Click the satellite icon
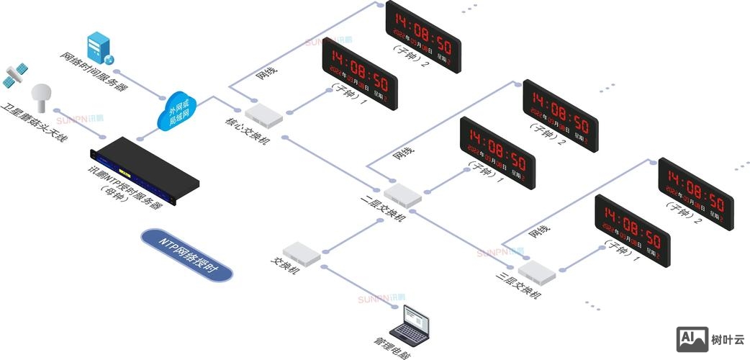click(17, 73)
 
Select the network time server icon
click(99, 47)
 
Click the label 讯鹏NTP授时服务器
click(123, 187)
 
